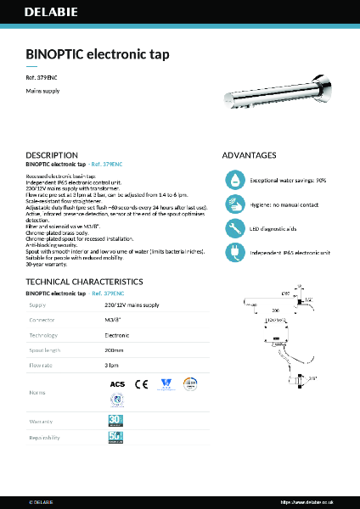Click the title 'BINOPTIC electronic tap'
click(x=98, y=54)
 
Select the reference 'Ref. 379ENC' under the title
click(x=42, y=77)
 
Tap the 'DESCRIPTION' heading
click(x=53, y=156)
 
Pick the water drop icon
click(x=233, y=180)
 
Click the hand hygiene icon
click(x=233, y=204)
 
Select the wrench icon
click(x=233, y=227)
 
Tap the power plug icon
click(x=233, y=251)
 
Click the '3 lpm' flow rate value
click(x=111, y=365)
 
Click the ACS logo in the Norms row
click(x=117, y=384)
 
